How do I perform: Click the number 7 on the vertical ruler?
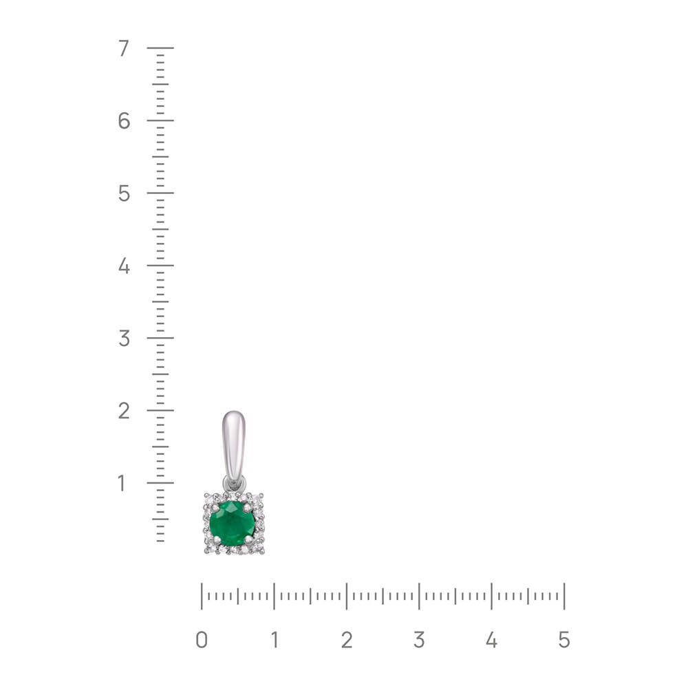click(x=124, y=48)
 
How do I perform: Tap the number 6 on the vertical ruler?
click(x=124, y=120)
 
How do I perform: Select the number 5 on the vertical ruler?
click(x=124, y=193)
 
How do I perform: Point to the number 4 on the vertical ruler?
click(x=124, y=266)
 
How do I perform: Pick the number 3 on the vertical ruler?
click(x=124, y=338)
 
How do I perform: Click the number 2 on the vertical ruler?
click(x=124, y=411)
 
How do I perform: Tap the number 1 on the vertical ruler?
click(x=122, y=483)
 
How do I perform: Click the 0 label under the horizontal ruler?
click(x=202, y=640)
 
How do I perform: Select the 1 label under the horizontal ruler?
click(x=275, y=640)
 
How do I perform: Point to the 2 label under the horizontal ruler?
click(x=347, y=640)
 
